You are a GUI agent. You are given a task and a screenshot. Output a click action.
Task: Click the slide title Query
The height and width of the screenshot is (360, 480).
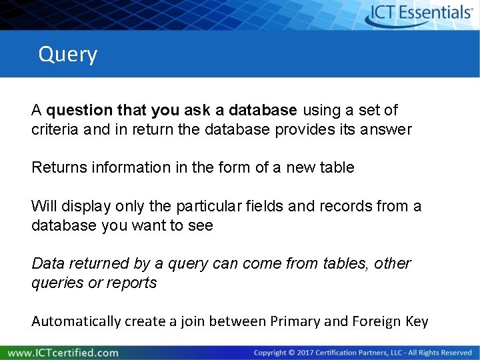68,54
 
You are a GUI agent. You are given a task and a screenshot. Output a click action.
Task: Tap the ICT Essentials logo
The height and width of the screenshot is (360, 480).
420,14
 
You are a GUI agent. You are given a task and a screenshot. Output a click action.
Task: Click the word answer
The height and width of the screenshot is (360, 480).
388,129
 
